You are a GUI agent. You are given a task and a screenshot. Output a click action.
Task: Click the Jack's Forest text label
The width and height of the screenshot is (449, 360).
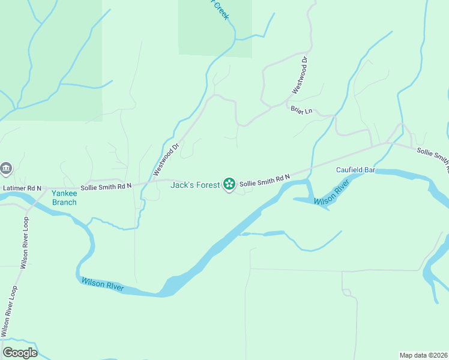pos(196,185)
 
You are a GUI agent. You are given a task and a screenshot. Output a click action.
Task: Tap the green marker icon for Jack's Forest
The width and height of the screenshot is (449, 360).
pos(229,184)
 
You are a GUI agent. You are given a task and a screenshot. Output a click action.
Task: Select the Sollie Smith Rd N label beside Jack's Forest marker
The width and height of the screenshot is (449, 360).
pos(265,182)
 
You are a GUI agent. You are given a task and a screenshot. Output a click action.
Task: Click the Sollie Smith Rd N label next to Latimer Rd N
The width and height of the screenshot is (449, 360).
pos(106,187)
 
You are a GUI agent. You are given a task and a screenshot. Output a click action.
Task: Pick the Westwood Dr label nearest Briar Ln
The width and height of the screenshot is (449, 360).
pos(300,75)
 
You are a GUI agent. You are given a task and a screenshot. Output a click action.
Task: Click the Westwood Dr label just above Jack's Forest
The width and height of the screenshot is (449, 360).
pos(166,159)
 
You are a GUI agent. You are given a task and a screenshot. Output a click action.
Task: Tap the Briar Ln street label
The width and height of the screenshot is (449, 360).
pos(302,110)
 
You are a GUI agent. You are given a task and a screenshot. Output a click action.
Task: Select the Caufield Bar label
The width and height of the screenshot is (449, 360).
pos(355,170)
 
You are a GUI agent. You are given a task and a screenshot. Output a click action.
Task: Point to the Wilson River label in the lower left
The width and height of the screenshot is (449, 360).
pos(103,285)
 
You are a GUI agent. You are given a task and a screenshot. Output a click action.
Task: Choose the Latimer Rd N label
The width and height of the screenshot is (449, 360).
pos(22,188)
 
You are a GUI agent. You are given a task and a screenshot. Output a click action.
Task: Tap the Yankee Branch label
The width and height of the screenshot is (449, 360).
pos(64,197)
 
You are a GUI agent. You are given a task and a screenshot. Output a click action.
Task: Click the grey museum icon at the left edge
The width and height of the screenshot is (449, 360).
pos(6,168)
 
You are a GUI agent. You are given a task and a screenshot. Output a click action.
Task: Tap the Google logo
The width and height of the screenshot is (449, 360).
pos(20,353)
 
